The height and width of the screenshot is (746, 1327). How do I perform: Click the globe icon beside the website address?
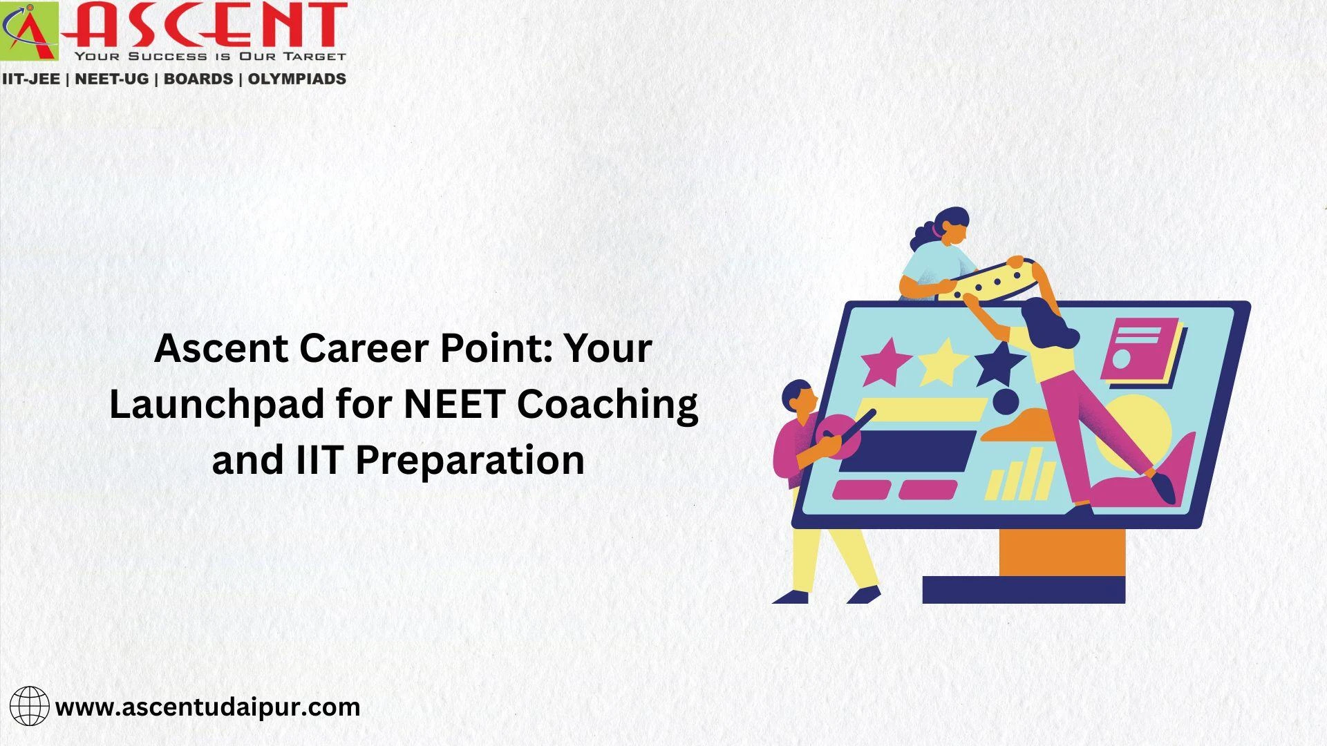coord(30,706)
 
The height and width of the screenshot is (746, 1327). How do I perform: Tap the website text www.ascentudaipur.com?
coord(207,707)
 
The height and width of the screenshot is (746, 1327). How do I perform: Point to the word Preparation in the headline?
coord(470,460)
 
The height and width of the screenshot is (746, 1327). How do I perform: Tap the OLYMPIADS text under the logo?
coord(297,79)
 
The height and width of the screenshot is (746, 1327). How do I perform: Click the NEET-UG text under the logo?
coord(111,79)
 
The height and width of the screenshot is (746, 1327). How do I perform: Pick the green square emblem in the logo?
coord(30,31)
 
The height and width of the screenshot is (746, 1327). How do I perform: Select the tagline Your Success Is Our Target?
coord(210,56)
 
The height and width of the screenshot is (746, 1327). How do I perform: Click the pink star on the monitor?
coord(885,361)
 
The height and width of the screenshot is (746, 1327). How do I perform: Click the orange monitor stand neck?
coord(1062,552)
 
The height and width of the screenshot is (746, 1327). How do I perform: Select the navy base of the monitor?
coord(1024,590)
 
